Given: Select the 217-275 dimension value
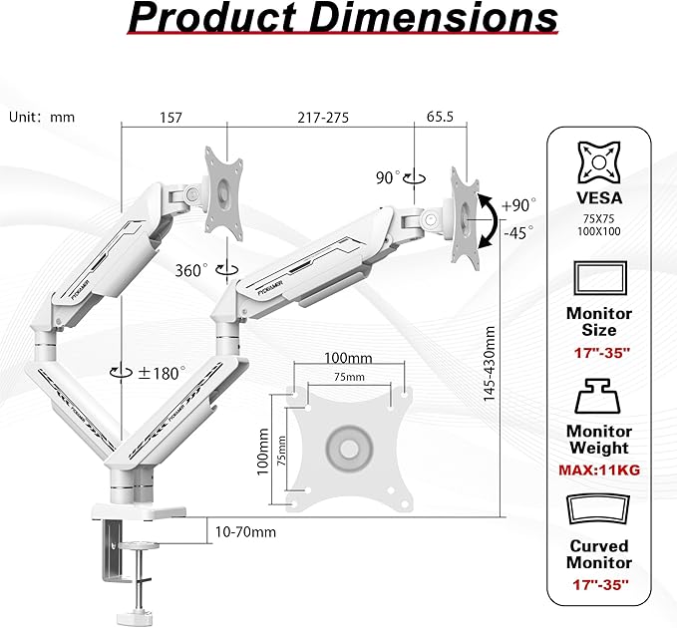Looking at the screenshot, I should point(321,117).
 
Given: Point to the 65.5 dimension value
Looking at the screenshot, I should point(440,117).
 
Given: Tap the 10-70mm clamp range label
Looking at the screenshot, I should point(244,531).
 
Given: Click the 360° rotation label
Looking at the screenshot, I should point(192,269).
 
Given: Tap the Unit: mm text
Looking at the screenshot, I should point(42,117).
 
